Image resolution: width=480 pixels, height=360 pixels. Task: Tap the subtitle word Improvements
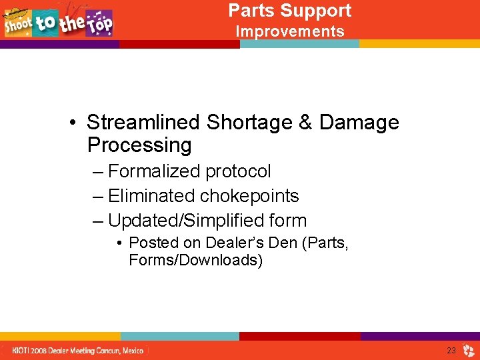[290, 31]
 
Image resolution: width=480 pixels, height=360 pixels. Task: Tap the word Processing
[139, 145]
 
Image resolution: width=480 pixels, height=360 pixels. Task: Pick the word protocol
[238, 171]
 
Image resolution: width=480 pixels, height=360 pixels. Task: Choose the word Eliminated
[151, 196]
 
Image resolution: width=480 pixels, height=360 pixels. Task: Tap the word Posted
[153, 243]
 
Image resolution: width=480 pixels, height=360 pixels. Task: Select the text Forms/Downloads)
[196, 260]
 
